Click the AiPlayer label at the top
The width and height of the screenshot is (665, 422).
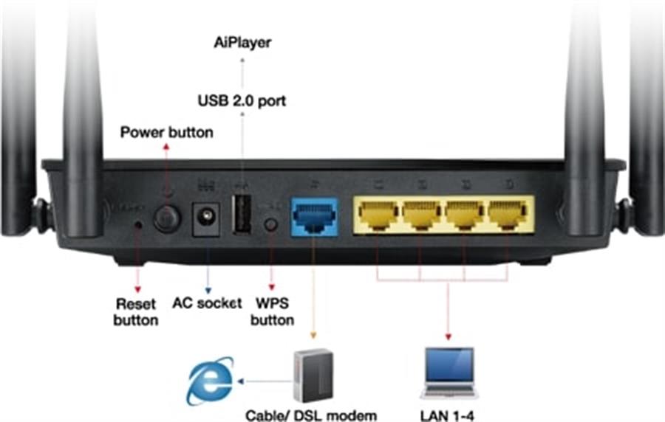(242, 43)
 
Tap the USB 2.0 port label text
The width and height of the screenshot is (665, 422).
(242, 100)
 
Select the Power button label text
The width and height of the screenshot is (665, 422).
(166, 133)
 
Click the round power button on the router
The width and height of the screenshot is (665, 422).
(167, 218)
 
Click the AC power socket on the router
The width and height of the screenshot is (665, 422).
(206, 219)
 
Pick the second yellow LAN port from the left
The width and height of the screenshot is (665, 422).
(422, 214)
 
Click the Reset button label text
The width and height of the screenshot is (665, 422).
(137, 311)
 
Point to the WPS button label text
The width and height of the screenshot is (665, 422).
(272, 311)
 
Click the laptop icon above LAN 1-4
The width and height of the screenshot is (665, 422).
(449, 373)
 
